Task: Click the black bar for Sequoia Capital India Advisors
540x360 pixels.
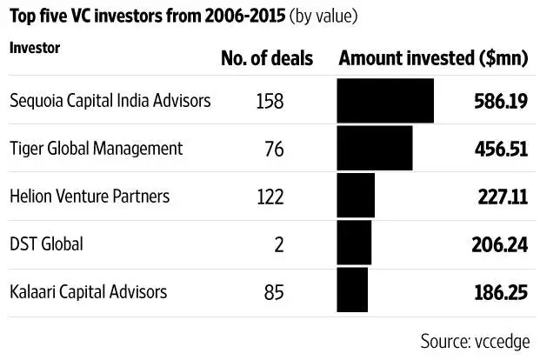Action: [385, 101]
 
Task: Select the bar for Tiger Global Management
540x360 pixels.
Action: [375, 149]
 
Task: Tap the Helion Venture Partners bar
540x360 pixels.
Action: [356, 197]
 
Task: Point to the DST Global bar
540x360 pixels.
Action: [354, 244]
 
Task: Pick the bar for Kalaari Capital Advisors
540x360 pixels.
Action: [352, 291]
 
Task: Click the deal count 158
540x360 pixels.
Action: [270, 102]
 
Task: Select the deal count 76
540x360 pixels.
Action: [274, 150]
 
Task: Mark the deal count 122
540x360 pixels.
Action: [270, 197]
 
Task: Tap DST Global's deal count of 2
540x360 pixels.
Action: [279, 245]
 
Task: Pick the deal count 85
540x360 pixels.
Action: [274, 292]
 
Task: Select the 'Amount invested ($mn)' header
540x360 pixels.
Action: [431, 58]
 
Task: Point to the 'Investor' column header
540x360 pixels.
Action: [34, 47]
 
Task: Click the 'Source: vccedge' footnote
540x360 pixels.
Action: [474, 340]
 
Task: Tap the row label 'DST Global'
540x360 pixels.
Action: [46, 244]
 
